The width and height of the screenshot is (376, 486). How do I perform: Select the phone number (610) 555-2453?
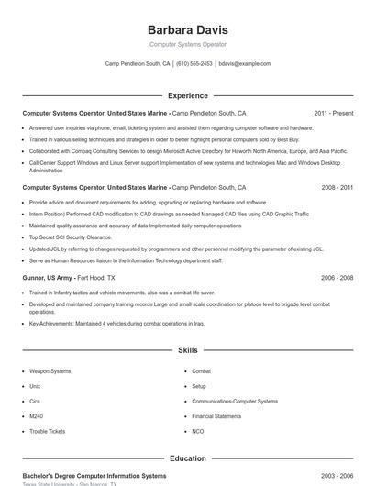[194, 64]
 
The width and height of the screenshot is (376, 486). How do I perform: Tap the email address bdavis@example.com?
[244, 64]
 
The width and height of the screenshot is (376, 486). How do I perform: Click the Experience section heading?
[187, 95]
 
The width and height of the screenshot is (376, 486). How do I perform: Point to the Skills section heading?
[187, 350]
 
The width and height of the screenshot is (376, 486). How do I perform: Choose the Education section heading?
[187, 458]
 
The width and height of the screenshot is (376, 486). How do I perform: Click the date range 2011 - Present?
[333, 113]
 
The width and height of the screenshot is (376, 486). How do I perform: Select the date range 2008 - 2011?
[337, 187]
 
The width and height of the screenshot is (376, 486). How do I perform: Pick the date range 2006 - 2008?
[337, 277]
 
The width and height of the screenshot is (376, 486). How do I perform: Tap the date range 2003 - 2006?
[337, 476]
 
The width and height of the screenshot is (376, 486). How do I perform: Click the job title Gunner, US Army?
[48, 277]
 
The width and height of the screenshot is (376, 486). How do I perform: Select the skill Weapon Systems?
[50, 371]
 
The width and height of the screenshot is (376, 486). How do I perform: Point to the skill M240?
[36, 415]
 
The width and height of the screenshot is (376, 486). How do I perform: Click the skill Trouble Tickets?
[47, 431]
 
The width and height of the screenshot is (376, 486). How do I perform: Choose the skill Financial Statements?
[216, 415]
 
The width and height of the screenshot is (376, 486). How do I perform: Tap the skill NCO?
[197, 431]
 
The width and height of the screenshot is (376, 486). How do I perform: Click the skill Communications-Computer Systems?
[234, 401]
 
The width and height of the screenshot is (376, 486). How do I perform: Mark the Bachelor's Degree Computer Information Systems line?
[94, 476]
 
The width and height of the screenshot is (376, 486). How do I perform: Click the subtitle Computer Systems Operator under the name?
[187, 44]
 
